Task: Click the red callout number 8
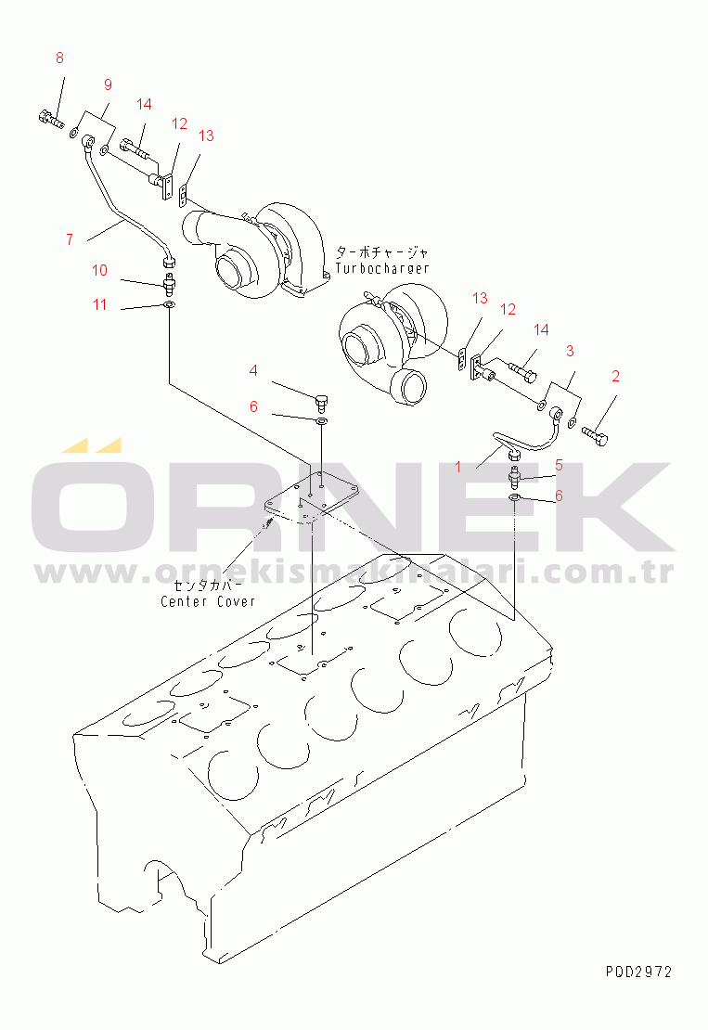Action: pyautogui.click(x=59, y=58)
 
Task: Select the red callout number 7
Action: pyautogui.click(x=70, y=239)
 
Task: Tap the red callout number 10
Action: pyautogui.click(x=100, y=270)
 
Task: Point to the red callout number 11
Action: pyautogui.click(x=100, y=304)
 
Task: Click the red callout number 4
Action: pyautogui.click(x=253, y=370)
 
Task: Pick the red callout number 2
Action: pyautogui.click(x=615, y=376)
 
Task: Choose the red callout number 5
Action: pyautogui.click(x=559, y=465)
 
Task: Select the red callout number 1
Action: pyautogui.click(x=458, y=467)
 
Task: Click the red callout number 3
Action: pyautogui.click(x=570, y=351)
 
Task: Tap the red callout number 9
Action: pyautogui.click(x=108, y=84)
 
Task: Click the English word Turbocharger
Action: pyautogui.click(x=381, y=268)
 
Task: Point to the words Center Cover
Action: pyautogui.click(x=208, y=601)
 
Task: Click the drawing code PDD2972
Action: pyautogui.click(x=638, y=972)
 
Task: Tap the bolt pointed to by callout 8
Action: pyautogui.click(x=49, y=120)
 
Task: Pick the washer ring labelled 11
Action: pyautogui.click(x=169, y=304)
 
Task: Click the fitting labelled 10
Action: pyautogui.click(x=169, y=285)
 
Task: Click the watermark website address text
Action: pyautogui.click(x=354, y=572)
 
